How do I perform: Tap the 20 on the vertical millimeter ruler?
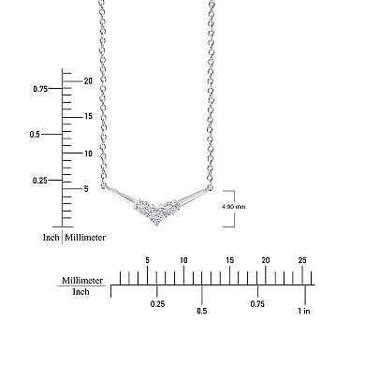(87, 80)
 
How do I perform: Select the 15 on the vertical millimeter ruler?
(87, 116)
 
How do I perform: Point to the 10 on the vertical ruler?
(87, 153)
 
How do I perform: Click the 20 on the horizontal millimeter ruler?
(265, 259)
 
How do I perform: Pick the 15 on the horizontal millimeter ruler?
(228, 259)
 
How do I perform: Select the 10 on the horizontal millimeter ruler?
(183, 259)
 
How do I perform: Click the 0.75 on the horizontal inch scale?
(257, 304)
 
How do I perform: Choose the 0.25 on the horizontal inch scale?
(157, 304)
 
